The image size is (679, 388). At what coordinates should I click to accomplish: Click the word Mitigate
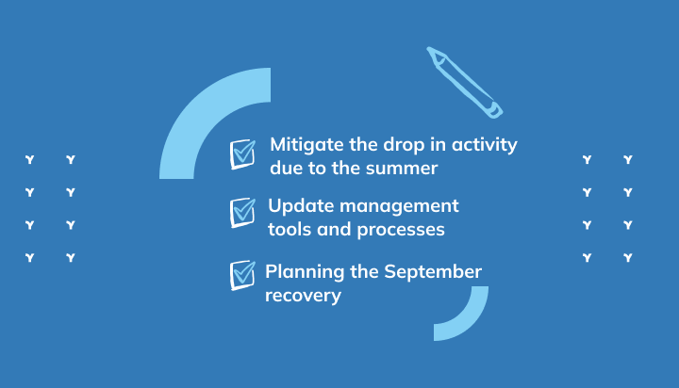coord(307,145)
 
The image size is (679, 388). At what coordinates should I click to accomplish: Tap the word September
coord(433,272)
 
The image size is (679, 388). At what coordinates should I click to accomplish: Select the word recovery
coord(303,297)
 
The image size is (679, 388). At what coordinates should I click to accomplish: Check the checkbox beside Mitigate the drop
coord(242,154)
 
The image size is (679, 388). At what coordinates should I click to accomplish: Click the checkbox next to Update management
coord(242,213)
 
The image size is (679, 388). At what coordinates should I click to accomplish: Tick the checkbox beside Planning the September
coord(242,275)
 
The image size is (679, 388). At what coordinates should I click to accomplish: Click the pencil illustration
coord(465,82)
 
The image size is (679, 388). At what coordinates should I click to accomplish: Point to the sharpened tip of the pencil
coord(428,48)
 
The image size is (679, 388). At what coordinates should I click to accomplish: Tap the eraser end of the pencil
coord(496,111)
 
